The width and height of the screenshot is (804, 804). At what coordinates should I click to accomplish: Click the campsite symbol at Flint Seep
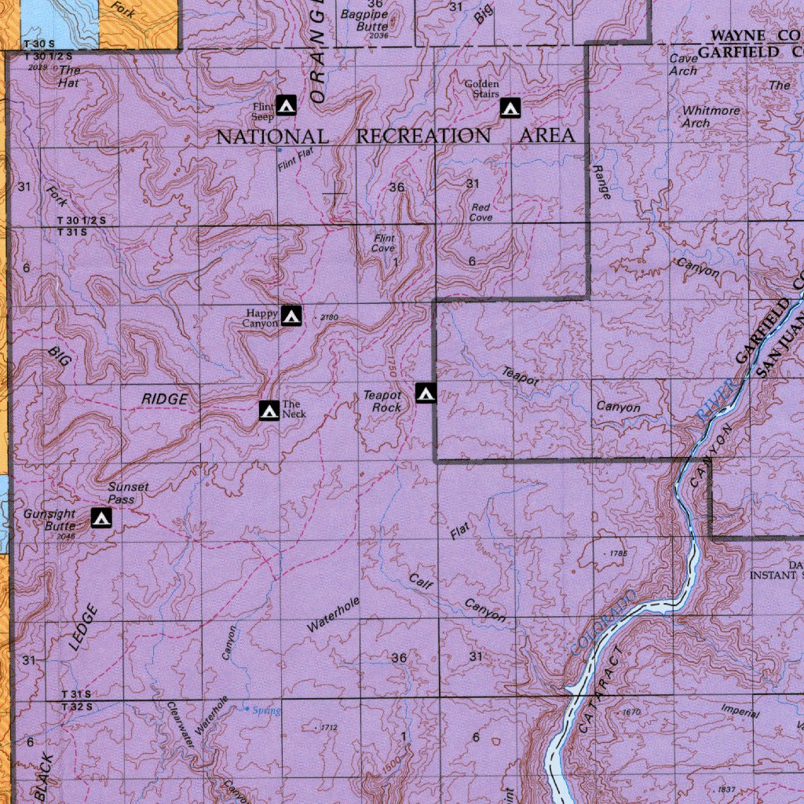286,104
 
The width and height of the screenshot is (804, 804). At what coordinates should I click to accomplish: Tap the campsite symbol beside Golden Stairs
510,108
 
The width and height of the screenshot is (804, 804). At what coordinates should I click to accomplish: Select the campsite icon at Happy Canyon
291,316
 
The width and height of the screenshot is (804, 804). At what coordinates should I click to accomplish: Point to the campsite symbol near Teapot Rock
426,393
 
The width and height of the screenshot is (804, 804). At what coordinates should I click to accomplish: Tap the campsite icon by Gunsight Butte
101,517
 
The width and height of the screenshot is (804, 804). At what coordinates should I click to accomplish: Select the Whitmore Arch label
711,117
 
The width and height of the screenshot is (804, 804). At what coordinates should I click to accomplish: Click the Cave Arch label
683,64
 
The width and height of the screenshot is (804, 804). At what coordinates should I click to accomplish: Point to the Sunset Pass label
128,493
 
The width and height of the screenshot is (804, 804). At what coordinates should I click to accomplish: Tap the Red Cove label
481,212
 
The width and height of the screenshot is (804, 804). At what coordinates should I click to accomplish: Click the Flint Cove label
384,243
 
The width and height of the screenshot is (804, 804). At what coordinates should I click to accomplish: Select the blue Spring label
266,711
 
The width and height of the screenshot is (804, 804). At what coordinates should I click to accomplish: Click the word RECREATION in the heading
423,136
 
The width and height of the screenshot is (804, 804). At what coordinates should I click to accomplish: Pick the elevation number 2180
329,318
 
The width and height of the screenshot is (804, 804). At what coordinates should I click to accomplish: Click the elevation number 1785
619,554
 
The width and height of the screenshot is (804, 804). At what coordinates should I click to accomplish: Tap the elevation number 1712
328,729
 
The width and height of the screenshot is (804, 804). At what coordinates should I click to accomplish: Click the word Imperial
740,712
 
